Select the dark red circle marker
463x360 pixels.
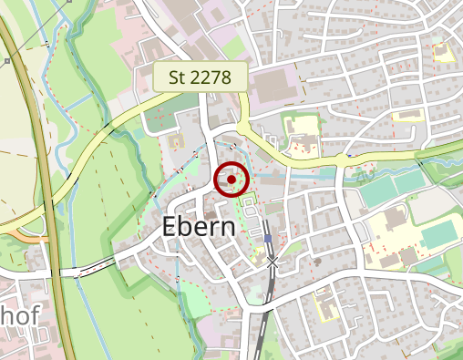click(x=232, y=180)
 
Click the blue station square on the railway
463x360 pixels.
click(x=268, y=239)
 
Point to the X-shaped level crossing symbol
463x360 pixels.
click(x=273, y=262)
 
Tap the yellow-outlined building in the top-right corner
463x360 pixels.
click(x=443, y=52)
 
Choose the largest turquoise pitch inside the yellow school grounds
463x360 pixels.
click(x=441, y=236)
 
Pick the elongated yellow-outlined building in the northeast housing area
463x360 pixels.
click(x=407, y=116)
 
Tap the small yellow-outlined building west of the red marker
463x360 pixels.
click(x=176, y=141)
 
